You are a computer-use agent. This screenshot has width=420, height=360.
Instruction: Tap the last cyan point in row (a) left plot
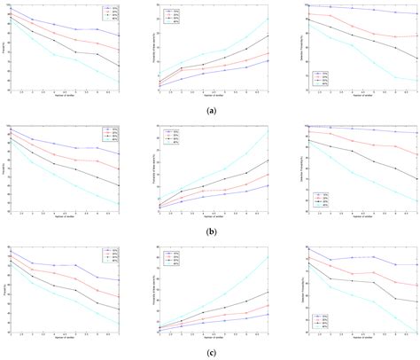(x=120, y=82)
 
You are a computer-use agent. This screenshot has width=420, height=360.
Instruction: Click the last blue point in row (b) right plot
(x=416, y=133)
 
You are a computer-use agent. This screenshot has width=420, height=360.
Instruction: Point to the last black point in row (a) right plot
(x=416, y=59)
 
